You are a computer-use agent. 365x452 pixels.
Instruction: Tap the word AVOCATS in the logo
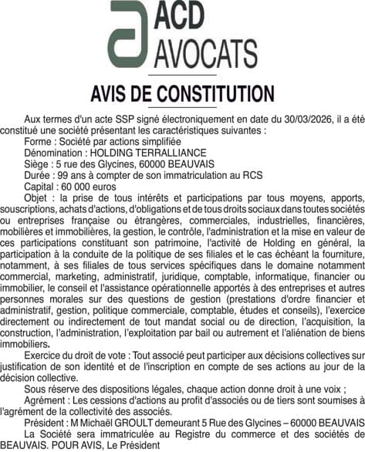click(x=208, y=52)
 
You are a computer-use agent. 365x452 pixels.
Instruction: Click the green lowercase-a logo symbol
click(x=131, y=34)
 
